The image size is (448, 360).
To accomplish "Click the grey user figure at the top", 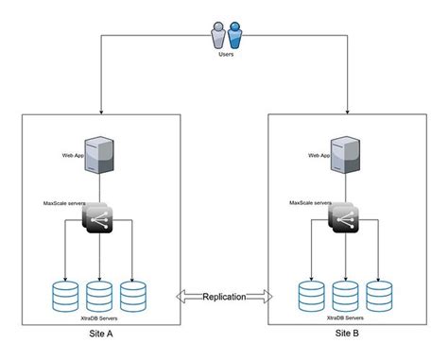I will point(218,36).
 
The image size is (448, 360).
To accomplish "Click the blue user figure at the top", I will point(233,36).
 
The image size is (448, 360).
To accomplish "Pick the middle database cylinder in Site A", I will point(99,295).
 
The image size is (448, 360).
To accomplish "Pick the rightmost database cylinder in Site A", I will point(132,295).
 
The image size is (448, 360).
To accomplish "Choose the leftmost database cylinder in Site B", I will point(312,295).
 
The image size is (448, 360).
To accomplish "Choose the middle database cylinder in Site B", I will point(346,295).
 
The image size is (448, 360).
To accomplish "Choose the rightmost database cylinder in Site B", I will point(379,295).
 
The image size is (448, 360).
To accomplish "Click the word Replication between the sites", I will point(224,297).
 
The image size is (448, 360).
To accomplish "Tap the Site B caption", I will point(347,335).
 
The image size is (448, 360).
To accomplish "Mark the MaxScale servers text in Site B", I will point(310,202).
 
